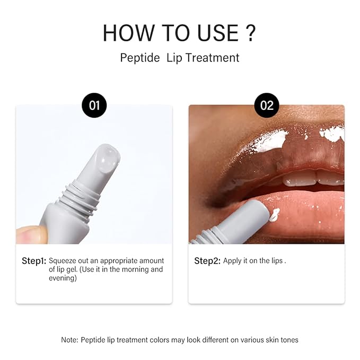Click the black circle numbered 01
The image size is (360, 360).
coord(94,105)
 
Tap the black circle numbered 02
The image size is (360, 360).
coord(267,105)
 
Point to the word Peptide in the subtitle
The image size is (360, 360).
coord(140,58)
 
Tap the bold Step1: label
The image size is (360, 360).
coord(34,261)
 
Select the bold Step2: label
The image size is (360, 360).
coord(207,261)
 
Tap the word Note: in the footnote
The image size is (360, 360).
coord(70,339)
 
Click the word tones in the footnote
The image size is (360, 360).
coord(287,339)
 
